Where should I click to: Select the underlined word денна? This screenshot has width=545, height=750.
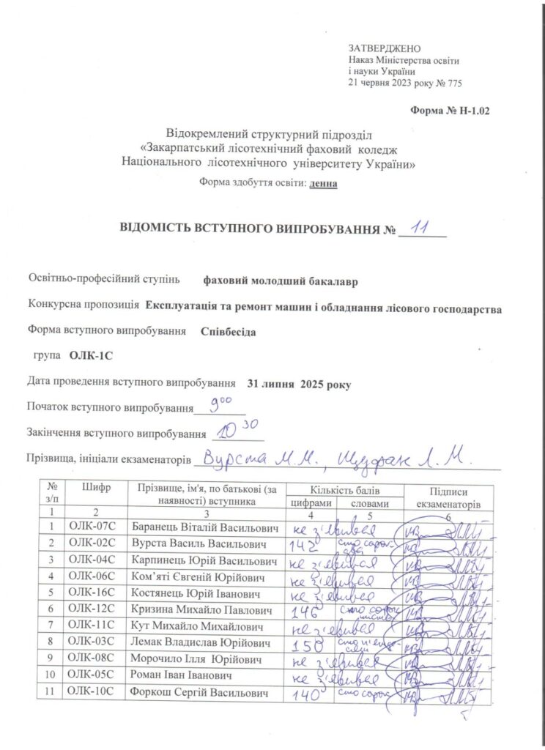pyautogui.click(x=324, y=184)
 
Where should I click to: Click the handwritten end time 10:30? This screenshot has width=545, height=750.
pyautogui.click(x=233, y=428)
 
